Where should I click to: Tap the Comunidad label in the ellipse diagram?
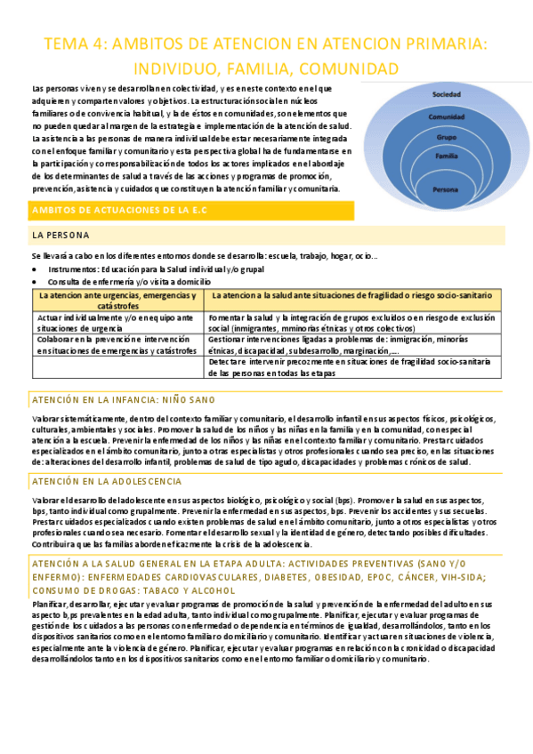446,116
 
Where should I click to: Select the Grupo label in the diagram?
446,137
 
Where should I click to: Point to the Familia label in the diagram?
446,156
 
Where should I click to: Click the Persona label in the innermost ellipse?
445,189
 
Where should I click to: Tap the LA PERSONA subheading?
60,236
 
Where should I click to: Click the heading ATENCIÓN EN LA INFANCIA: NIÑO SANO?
123,400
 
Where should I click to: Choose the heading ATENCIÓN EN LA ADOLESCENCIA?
107,481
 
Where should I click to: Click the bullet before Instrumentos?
35,269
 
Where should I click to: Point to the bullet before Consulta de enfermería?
35,281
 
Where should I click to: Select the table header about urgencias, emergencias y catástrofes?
117,300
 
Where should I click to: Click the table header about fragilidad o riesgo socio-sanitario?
352,294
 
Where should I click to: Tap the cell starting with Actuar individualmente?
117,322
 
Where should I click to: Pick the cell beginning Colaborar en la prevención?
117,344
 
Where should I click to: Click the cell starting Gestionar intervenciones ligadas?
352,344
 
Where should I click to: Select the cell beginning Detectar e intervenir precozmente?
352,367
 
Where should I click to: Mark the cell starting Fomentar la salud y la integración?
352,322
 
